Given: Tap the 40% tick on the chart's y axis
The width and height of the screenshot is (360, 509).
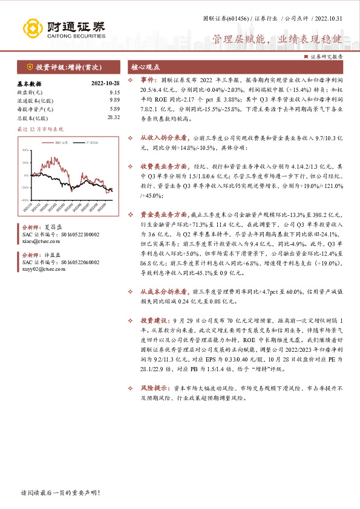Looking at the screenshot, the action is (25, 150).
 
